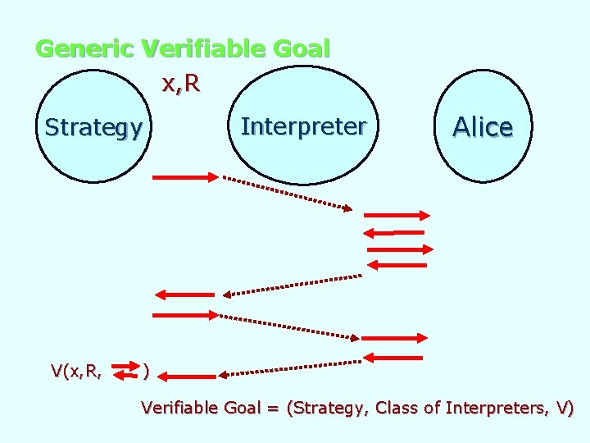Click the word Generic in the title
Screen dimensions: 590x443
point(84,49)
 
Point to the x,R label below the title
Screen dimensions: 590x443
point(181,84)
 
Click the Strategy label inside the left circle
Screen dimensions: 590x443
point(93,127)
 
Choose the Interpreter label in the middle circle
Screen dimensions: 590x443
point(303,126)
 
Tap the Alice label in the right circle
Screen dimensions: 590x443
point(483,127)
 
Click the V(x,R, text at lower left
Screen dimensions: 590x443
point(76,371)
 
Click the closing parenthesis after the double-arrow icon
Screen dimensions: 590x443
point(145,371)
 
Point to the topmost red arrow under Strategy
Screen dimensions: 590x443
point(185,176)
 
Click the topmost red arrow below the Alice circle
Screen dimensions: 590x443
point(396,215)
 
